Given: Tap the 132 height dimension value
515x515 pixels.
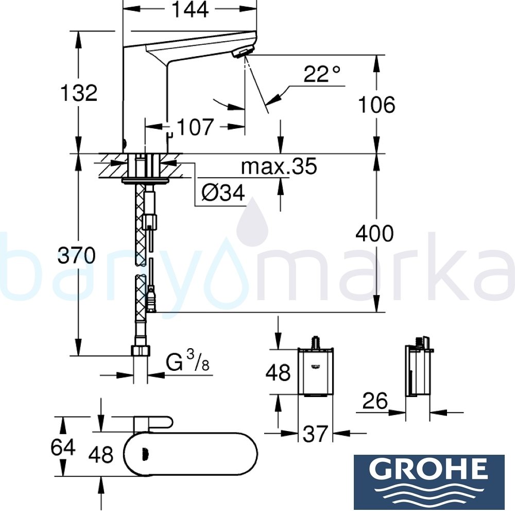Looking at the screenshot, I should click(x=79, y=93).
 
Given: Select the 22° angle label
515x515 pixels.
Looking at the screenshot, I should click(x=322, y=75).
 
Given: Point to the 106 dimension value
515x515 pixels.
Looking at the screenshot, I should click(x=377, y=105).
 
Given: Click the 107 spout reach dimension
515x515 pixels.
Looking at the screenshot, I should click(x=195, y=127).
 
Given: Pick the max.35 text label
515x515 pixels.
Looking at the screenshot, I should click(x=279, y=166).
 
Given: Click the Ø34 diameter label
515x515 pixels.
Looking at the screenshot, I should click(x=223, y=193).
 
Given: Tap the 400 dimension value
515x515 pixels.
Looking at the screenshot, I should click(x=375, y=234).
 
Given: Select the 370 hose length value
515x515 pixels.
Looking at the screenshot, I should click(x=76, y=255).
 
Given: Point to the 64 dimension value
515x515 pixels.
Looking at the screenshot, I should click(x=63, y=447).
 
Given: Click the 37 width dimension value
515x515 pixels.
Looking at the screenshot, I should click(x=315, y=434).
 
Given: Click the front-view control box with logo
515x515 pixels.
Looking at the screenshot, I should click(x=315, y=372).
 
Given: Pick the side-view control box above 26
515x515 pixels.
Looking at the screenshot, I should click(x=417, y=370).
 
